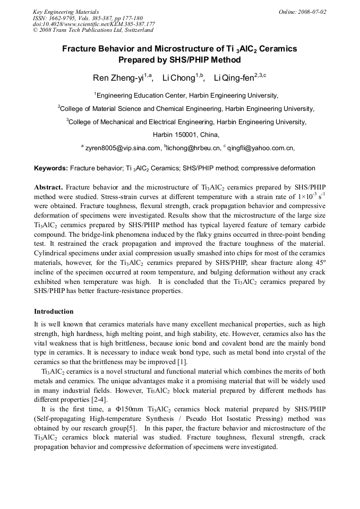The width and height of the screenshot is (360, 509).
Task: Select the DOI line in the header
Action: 94,24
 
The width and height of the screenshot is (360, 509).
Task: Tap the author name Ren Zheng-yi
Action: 118,78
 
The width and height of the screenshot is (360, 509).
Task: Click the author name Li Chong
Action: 178,78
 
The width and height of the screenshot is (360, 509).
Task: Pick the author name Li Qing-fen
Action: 233,78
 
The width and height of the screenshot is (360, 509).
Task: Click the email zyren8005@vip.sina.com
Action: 123,148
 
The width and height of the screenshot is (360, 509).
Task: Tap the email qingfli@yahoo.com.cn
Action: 260,148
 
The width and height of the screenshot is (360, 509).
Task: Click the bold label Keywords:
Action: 50,168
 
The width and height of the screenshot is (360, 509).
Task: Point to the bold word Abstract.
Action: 48,187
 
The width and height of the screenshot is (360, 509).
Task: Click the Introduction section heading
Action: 54,311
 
